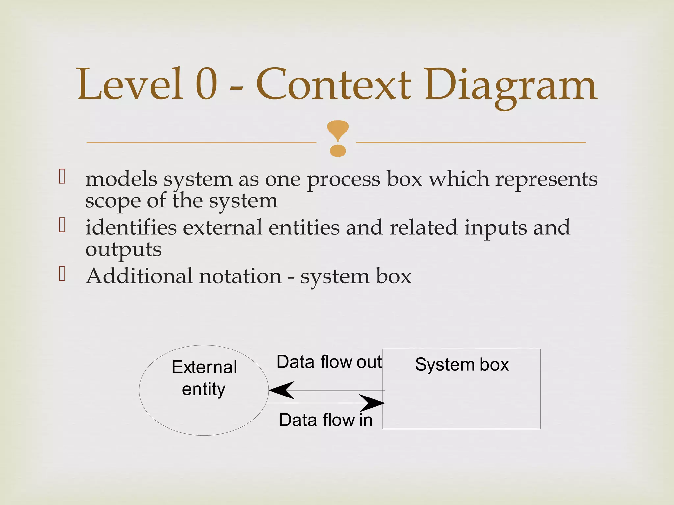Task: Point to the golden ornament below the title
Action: (x=338, y=138)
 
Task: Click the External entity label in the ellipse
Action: (x=204, y=378)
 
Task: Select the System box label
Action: (x=462, y=365)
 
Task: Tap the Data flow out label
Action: (x=329, y=362)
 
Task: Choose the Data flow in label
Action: (x=325, y=420)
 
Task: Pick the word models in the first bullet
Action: (x=121, y=180)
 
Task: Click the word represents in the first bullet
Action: (x=546, y=180)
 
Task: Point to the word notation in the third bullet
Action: (x=240, y=276)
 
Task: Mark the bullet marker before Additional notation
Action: (x=62, y=274)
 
